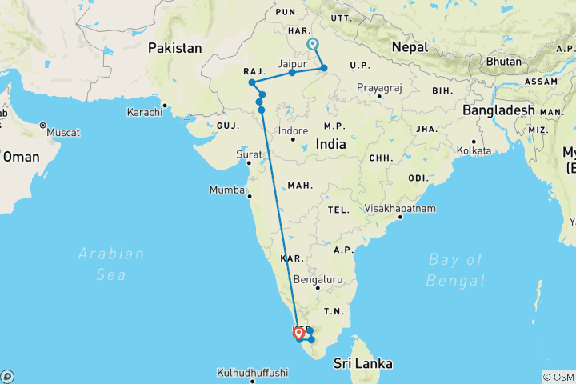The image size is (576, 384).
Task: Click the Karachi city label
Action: (144, 112)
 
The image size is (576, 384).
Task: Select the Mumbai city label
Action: (228, 190)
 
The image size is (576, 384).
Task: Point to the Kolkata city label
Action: (474, 150)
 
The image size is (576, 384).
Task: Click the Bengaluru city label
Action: (318, 279)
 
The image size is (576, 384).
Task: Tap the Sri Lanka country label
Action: (364, 363)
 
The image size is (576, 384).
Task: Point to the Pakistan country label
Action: (174, 48)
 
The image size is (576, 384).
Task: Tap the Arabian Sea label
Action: (112, 264)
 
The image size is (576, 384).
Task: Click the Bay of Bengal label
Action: (456, 270)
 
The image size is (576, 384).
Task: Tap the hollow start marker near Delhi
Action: (312, 45)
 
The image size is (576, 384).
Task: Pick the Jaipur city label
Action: (292, 62)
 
